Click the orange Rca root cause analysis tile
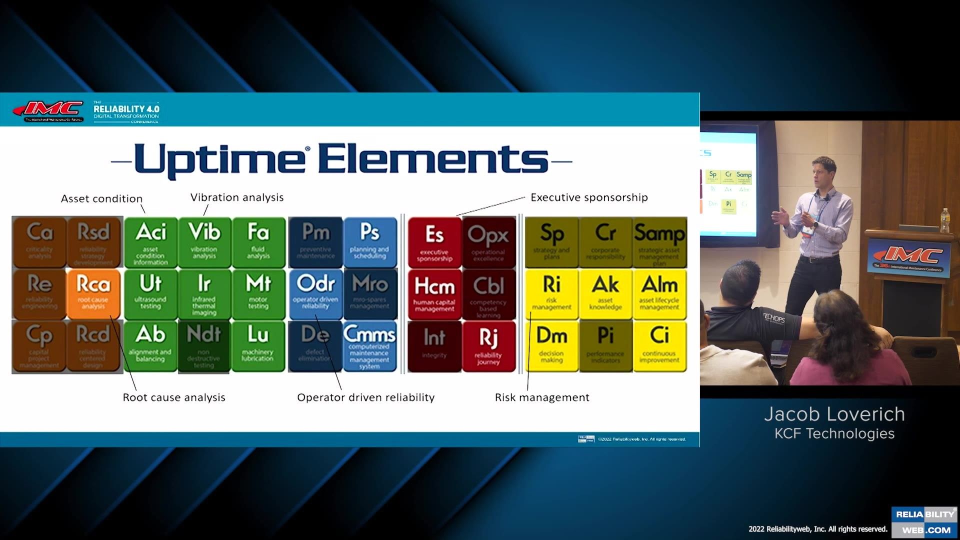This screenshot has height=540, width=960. pyautogui.click(x=93, y=294)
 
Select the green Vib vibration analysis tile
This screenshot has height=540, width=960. pyautogui.click(x=204, y=242)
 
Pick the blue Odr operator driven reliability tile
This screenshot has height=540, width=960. pyautogui.click(x=315, y=294)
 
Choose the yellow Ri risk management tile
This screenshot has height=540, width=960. pyautogui.click(x=551, y=294)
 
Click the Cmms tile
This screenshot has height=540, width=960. pyautogui.click(x=369, y=346)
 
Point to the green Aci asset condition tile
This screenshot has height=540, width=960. pyautogui.click(x=150, y=242)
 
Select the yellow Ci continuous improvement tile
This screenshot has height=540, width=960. pyautogui.click(x=659, y=346)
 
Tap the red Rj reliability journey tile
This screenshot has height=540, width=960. pyautogui.click(x=488, y=346)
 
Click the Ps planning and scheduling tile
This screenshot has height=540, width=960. pyautogui.click(x=369, y=242)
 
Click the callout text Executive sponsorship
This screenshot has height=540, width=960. pyautogui.click(x=589, y=197)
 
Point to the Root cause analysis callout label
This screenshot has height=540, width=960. pyautogui.click(x=174, y=397)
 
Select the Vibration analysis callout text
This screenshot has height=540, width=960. pyautogui.click(x=237, y=197)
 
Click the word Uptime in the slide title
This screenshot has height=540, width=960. pyautogui.click(x=220, y=160)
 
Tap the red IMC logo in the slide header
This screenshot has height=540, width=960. pyautogui.click(x=49, y=109)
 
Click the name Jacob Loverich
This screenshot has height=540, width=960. pyautogui.click(x=834, y=414)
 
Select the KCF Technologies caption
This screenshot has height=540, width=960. pyautogui.click(x=834, y=433)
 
